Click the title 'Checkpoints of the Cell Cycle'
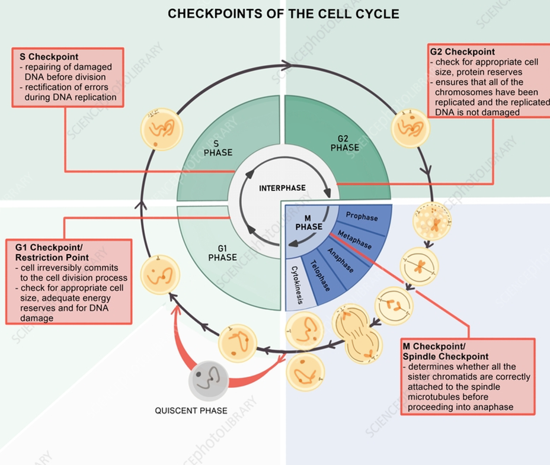pyautogui.click(x=283, y=14)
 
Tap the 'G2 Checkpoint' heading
pyautogui.click(x=462, y=52)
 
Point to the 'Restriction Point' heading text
pyautogui.click(x=52, y=258)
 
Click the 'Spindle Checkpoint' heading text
pyautogui.click(x=446, y=357)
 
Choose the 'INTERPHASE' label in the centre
pyautogui.click(x=283, y=188)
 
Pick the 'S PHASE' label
pyautogui.click(x=218, y=148)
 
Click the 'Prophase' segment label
pyautogui.click(x=362, y=217)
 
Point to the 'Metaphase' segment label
pyautogui.click(x=354, y=239)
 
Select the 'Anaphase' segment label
pyautogui.click(x=340, y=261)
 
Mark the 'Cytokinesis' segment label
pyautogui.click(x=296, y=285)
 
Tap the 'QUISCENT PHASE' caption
pyautogui.click(x=191, y=411)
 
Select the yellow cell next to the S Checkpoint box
pyautogui.click(x=161, y=129)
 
